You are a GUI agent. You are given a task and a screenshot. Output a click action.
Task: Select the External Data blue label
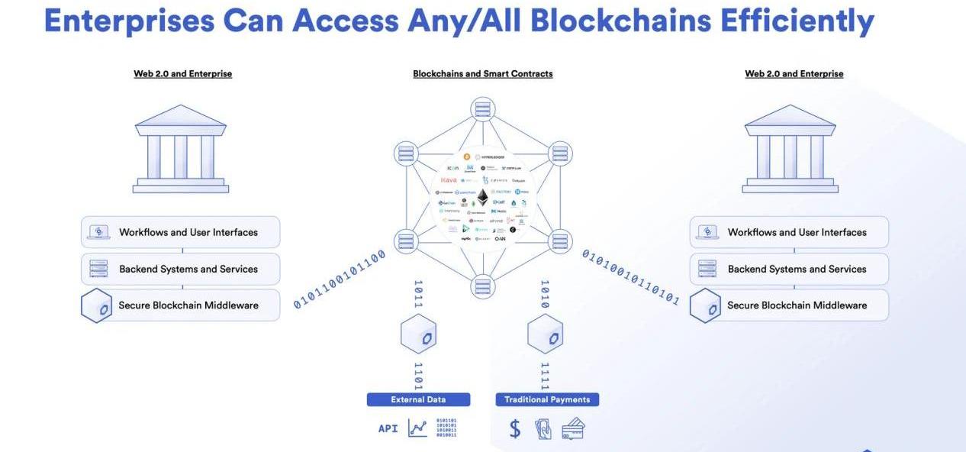pos(418,399)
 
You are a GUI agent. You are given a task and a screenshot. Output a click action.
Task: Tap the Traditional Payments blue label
pos(547,399)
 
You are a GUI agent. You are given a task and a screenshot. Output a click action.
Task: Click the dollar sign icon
pos(515,428)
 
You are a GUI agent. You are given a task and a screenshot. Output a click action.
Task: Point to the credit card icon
pos(573,428)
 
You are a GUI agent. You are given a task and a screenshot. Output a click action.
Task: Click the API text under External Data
pos(388,428)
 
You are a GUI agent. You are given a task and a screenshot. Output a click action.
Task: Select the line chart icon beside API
pos(417,428)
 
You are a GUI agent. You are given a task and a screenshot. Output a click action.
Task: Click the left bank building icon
pos(181,149)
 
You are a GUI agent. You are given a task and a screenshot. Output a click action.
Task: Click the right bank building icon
pos(791,149)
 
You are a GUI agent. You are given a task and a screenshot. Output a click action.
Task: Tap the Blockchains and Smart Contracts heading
pos(483,74)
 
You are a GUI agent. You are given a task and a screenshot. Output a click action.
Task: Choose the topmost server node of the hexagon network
pos(483,109)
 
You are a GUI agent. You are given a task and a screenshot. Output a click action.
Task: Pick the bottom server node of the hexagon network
pos(483,286)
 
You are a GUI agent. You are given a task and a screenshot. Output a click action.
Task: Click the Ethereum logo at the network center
pos(482,198)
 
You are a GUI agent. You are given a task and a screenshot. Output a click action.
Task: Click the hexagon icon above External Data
pos(418,334)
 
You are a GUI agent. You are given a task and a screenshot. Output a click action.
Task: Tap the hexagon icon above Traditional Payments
pos(545,334)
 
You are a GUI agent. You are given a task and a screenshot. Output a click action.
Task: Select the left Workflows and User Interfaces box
pos(181,232)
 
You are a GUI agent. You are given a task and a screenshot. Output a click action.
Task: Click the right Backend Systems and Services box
pos(789,269)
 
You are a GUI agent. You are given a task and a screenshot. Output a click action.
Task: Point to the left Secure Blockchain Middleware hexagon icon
pos(97,305)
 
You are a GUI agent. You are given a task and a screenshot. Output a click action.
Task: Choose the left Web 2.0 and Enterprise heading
pos(183,74)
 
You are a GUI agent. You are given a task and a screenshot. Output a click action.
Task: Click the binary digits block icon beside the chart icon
pos(446,428)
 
